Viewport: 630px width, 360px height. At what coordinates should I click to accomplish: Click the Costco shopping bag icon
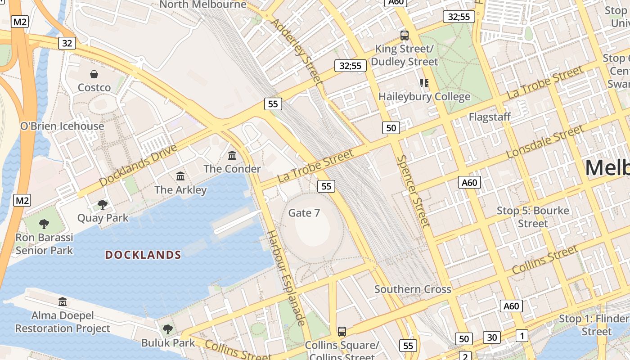click(94, 74)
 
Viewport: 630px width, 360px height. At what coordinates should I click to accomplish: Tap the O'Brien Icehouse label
click(62, 126)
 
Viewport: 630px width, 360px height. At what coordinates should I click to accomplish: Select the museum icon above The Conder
click(232, 156)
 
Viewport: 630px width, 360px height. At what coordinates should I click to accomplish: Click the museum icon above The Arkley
click(180, 176)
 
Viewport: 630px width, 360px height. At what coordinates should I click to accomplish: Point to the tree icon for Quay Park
click(103, 205)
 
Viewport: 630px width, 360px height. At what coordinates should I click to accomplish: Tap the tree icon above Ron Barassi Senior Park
click(44, 224)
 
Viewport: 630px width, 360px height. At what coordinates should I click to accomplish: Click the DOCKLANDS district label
click(143, 255)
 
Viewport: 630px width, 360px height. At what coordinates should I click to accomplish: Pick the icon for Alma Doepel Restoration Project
click(63, 301)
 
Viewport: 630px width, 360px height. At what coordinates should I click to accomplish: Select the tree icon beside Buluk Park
click(168, 329)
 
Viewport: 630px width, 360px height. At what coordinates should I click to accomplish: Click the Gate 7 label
click(304, 213)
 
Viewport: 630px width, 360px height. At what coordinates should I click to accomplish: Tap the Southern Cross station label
click(413, 289)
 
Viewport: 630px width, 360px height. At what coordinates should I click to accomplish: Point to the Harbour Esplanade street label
click(286, 278)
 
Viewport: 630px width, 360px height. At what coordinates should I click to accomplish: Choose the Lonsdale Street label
click(545, 142)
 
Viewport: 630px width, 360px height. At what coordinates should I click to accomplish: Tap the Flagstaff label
click(490, 117)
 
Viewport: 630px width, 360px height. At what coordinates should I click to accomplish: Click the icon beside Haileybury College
click(424, 83)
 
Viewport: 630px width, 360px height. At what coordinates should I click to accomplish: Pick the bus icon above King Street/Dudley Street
click(405, 35)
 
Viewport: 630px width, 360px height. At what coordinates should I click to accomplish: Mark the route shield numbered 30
click(492, 337)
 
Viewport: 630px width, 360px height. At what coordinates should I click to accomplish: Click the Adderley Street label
click(297, 52)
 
